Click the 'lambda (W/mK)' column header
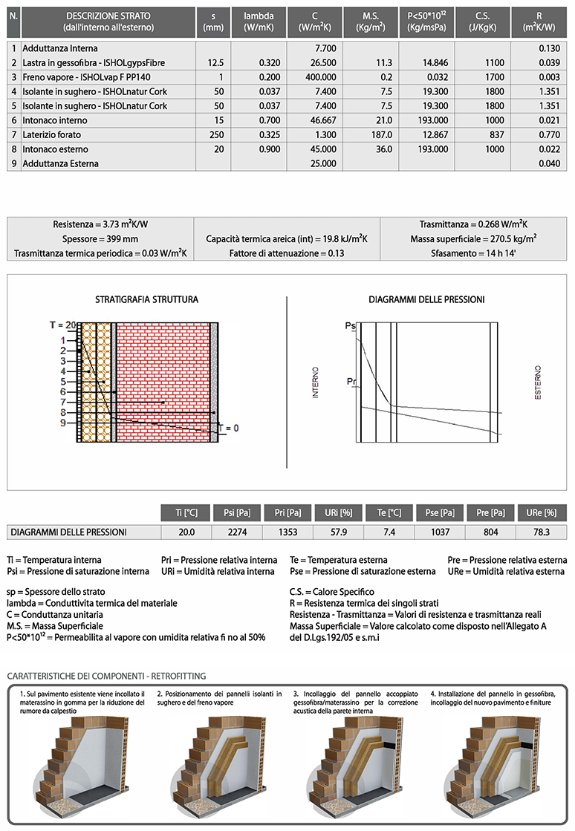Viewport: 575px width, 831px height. [258, 22]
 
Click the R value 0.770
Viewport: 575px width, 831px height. [548, 134]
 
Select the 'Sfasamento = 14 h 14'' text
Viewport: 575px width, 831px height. [473, 253]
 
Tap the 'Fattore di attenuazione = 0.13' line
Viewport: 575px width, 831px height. [286, 253]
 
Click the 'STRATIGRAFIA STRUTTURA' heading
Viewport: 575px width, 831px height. [146, 300]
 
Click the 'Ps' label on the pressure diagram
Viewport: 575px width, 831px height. [351, 326]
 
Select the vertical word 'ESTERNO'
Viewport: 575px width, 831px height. [539, 383]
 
